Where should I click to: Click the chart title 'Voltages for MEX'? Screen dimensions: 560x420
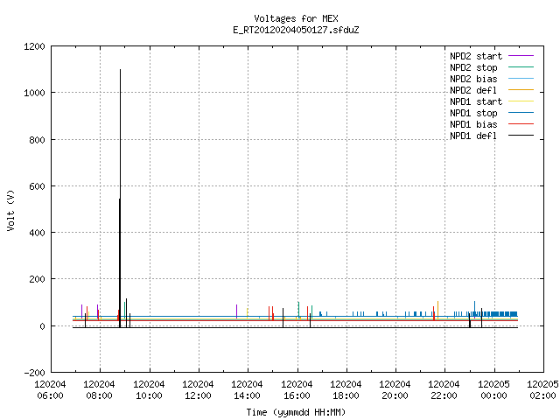(296, 18)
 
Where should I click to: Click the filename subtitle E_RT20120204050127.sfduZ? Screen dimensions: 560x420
(296, 30)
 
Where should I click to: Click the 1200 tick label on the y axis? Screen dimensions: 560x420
(34, 46)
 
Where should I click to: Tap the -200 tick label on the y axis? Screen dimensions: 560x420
(34, 373)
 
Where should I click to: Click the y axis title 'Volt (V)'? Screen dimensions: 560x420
(10, 210)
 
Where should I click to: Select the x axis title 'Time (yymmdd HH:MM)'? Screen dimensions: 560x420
(296, 412)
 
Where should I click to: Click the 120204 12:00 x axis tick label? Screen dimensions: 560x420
(199, 390)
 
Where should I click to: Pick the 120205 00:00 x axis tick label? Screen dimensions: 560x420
(493, 390)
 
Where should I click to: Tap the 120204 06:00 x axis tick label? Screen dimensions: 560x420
(51, 390)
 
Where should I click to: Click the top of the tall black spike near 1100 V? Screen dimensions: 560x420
(121, 70)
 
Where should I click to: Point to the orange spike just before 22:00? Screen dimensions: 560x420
(437, 310)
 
